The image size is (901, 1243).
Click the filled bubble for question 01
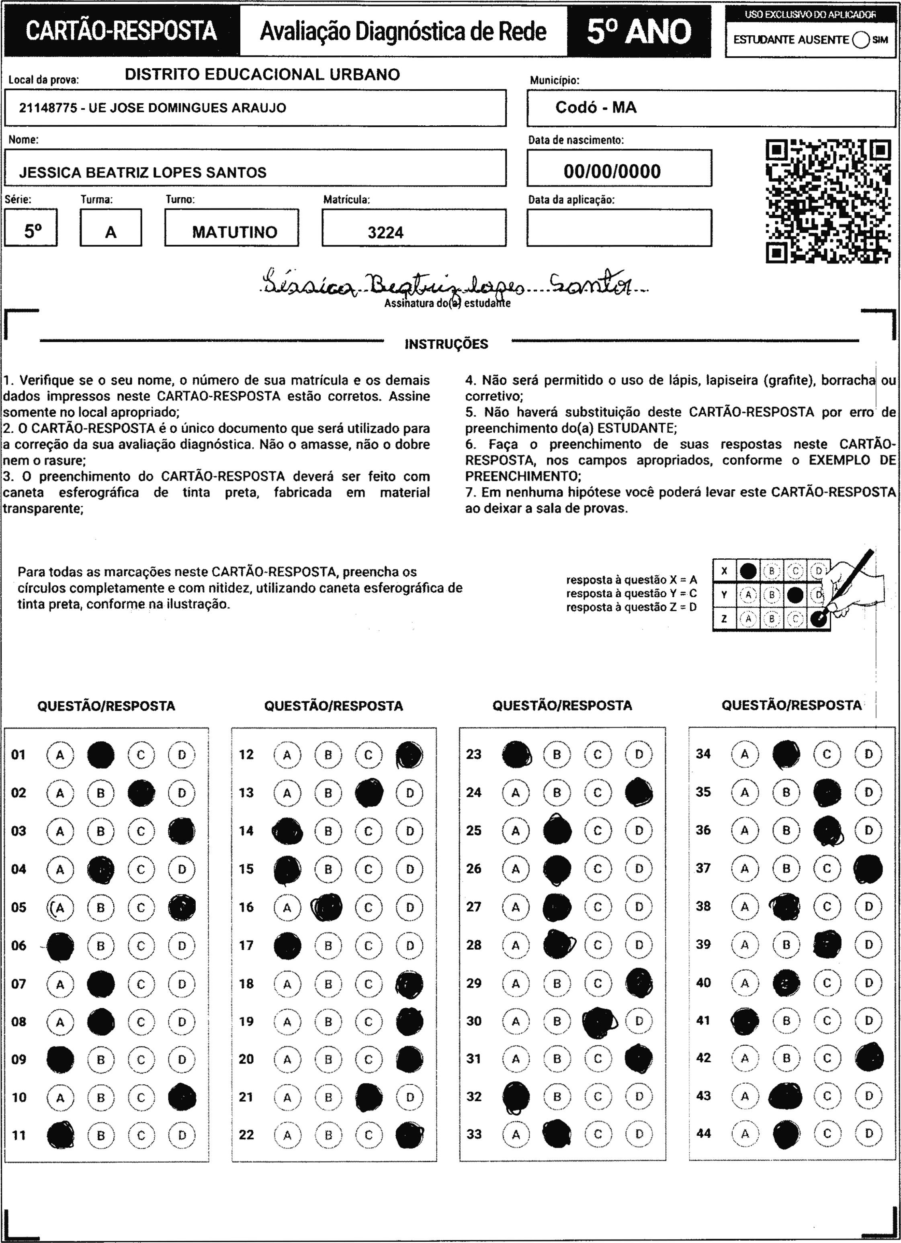click(x=101, y=754)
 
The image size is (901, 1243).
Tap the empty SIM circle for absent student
click(x=861, y=40)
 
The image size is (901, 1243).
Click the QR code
click(x=828, y=202)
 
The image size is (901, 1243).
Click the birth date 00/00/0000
click(x=612, y=172)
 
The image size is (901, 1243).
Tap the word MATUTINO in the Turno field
click(x=234, y=232)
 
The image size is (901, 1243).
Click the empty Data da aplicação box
click(x=619, y=228)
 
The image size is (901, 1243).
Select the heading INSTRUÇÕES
click(x=446, y=344)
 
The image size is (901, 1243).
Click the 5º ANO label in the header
click(x=639, y=32)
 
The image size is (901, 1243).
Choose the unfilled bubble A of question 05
click(x=60, y=908)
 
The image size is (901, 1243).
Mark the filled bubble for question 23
click(x=516, y=754)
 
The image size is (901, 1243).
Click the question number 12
click(x=246, y=754)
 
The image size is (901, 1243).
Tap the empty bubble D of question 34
click(x=868, y=754)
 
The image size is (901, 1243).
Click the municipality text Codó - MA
click(x=596, y=107)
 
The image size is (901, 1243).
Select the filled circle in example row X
click(x=748, y=571)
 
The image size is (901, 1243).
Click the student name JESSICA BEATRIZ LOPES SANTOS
click(x=143, y=173)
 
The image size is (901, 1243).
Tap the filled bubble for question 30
click(x=598, y=1021)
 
